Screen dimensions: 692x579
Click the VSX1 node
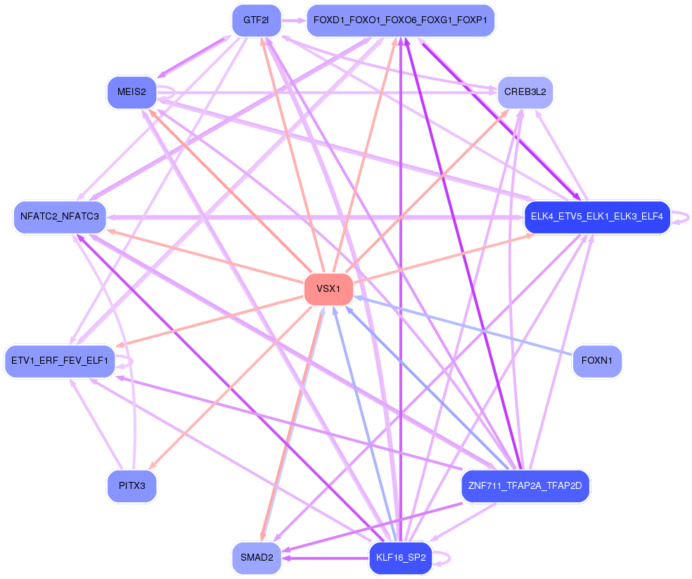pyautogui.click(x=329, y=289)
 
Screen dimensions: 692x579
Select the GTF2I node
pyautogui.click(x=257, y=20)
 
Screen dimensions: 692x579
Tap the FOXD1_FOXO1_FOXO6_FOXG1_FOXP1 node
pyautogui.click(x=400, y=20)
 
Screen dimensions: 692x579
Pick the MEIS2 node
pyautogui.click(x=132, y=92)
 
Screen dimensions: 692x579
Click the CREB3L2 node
pyautogui.click(x=525, y=92)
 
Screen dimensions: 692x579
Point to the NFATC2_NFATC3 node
pyautogui.click(x=60, y=217)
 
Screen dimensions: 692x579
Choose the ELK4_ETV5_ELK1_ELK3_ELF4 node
pyautogui.click(x=597, y=217)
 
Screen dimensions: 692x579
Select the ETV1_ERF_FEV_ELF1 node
pyautogui.click(x=60, y=361)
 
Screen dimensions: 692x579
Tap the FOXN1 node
pyautogui.click(x=597, y=361)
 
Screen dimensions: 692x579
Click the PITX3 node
pyautogui.click(x=132, y=486)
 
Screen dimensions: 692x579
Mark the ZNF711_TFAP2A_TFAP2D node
pyautogui.click(x=525, y=486)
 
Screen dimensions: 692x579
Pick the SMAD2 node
pyautogui.click(x=257, y=558)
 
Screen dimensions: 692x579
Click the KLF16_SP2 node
pyautogui.click(x=401, y=558)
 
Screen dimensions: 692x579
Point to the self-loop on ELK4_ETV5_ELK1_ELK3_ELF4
pyautogui.click(x=680, y=217)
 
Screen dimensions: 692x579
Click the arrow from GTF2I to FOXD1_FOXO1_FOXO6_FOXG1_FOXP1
pyautogui.click(x=294, y=20)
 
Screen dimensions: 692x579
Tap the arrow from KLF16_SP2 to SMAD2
pyautogui.click(x=326, y=558)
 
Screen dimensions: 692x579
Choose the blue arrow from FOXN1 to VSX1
pyautogui.click(x=463, y=326)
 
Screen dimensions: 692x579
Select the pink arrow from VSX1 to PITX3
pyautogui.click(x=231, y=387)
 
